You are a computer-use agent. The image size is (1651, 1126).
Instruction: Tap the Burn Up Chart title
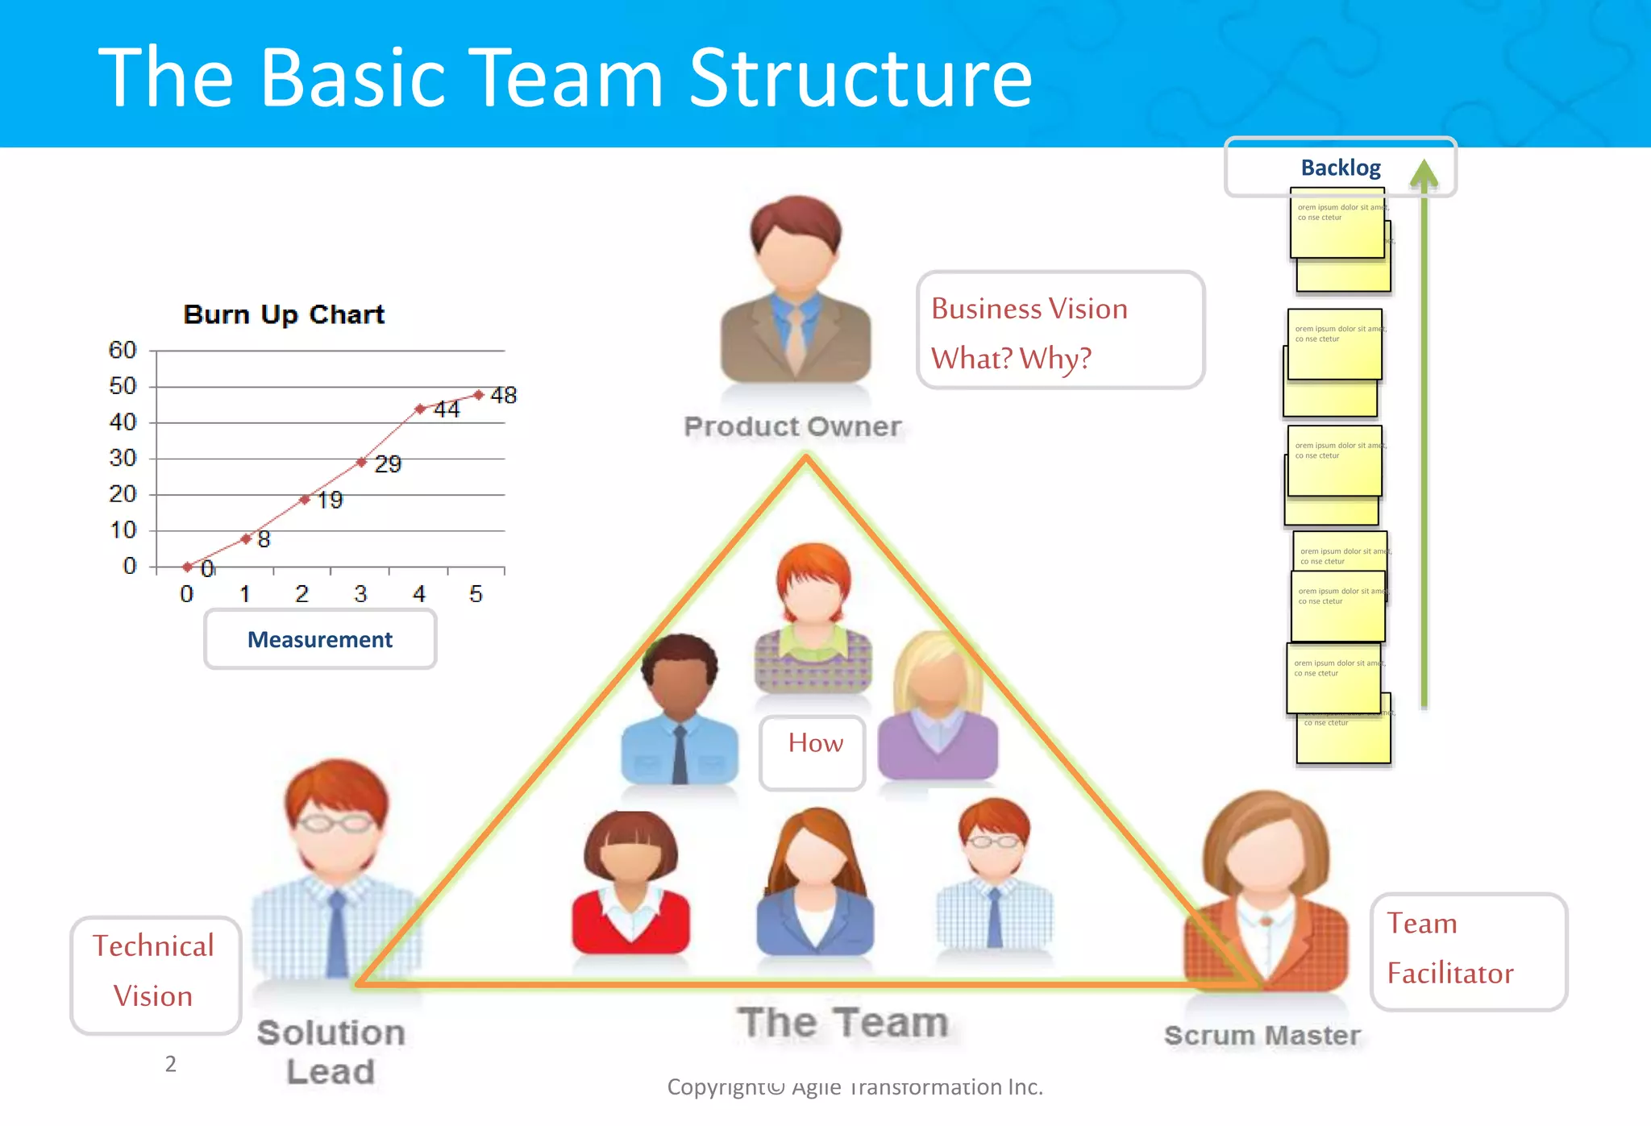pos(284,314)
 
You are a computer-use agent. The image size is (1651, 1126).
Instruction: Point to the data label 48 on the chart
pos(504,395)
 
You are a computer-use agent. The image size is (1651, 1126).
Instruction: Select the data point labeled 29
pos(362,462)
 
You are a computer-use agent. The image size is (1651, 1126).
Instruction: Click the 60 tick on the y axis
pos(123,350)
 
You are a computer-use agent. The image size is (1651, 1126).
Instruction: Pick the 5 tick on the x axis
pos(476,594)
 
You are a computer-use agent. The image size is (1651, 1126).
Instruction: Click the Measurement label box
pos(320,639)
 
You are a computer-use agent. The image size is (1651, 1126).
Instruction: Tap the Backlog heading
pos(1340,168)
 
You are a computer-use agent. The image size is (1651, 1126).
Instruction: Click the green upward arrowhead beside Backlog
pos(1424,172)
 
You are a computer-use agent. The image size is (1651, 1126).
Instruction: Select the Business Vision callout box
pos(1060,330)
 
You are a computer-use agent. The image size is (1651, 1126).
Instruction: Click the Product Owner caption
pos(792,426)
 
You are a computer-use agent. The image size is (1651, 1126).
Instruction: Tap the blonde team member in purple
pos(938,709)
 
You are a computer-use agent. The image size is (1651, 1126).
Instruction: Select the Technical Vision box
pos(155,973)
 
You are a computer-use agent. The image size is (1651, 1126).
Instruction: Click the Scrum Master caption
pos(1262,1035)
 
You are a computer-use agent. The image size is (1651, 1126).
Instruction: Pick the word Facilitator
pos(1450,974)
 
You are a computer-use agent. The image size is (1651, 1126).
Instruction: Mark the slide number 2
pos(171,1064)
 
